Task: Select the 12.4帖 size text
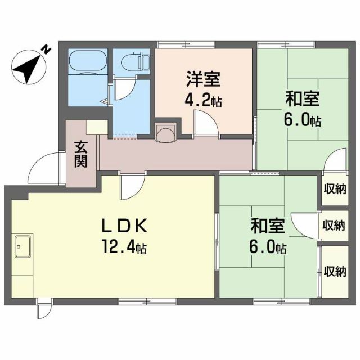tap(125, 246)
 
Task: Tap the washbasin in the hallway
tap(166, 133)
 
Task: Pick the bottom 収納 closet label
tap(334, 271)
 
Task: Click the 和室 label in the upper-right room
tap(302, 100)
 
